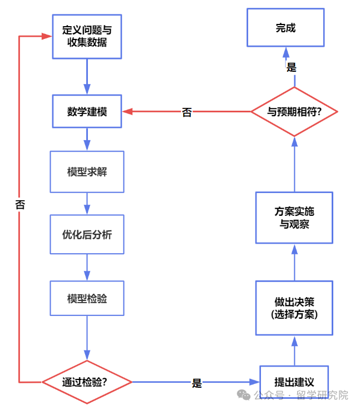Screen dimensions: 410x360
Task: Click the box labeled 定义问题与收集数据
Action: pyautogui.click(x=87, y=36)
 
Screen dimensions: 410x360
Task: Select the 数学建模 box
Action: pyautogui.click(x=87, y=111)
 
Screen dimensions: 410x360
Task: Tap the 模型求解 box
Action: pyautogui.click(x=87, y=171)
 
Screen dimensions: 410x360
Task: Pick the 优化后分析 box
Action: pyautogui.click(x=87, y=235)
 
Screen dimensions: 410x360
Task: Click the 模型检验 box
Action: pyautogui.click(x=87, y=299)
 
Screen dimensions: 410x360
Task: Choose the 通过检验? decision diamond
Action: pyautogui.click(x=87, y=382)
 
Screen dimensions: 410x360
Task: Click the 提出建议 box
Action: pyautogui.click(x=294, y=382)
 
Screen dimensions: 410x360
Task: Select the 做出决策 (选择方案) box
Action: pyautogui.click(x=294, y=308)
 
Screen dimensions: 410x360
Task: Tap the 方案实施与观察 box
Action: pyautogui.click(x=294, y=218)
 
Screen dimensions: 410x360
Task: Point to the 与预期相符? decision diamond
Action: pyautogui.click(x=294, y=111)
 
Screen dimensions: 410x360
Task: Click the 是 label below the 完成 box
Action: pyautogui.click(x=292, y=67)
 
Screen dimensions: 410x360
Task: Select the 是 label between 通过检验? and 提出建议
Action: pyautogui.click(x=196, y=383)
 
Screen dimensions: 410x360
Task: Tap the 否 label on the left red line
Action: pyautogui.click(x=20, y=204)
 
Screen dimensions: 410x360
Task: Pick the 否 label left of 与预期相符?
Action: pyautogui.click(x=187, y=112)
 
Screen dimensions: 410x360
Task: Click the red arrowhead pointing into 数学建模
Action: pyautogui.click(x=127, y=111)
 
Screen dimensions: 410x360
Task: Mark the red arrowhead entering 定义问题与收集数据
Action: pyautogui.click(x=47, y=36)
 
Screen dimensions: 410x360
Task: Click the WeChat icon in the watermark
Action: pyautogui.click(x=244, y=395)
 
